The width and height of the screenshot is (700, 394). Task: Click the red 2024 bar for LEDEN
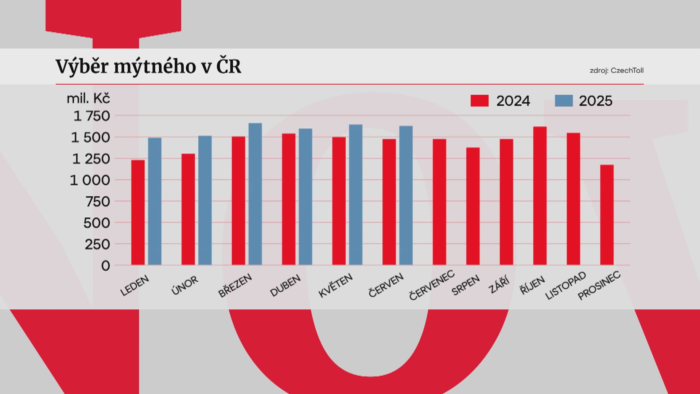tap(138, 212)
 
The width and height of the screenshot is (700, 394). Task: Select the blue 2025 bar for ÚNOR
tap(205, 200)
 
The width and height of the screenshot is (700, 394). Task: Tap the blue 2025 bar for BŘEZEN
tap(255, 194)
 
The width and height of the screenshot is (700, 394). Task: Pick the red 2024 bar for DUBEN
tap(289, 199)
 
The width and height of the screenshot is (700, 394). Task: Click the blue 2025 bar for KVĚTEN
tap(356, 194)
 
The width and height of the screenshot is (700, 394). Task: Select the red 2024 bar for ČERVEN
tap(389, 202)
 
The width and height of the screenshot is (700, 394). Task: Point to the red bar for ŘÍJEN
tap(540, 196)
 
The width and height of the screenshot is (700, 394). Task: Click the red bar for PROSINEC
tap(607, 215)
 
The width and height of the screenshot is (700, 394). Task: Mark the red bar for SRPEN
tap(473, 206)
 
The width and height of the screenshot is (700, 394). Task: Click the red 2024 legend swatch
tap(479, 101)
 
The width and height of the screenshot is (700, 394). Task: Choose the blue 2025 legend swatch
tap(564, 101)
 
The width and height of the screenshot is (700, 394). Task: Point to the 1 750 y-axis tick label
tap(92, 116)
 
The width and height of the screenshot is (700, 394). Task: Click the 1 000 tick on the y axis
tap(90, 180)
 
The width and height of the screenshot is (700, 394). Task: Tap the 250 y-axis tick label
tap(97, 244)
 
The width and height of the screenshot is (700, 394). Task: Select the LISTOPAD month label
tap(565, 286)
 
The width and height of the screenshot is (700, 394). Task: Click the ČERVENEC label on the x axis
tap(432, 285)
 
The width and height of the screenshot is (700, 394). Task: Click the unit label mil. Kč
tap(88, 98)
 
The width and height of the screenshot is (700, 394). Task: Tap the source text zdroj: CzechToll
tap(617, 71)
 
